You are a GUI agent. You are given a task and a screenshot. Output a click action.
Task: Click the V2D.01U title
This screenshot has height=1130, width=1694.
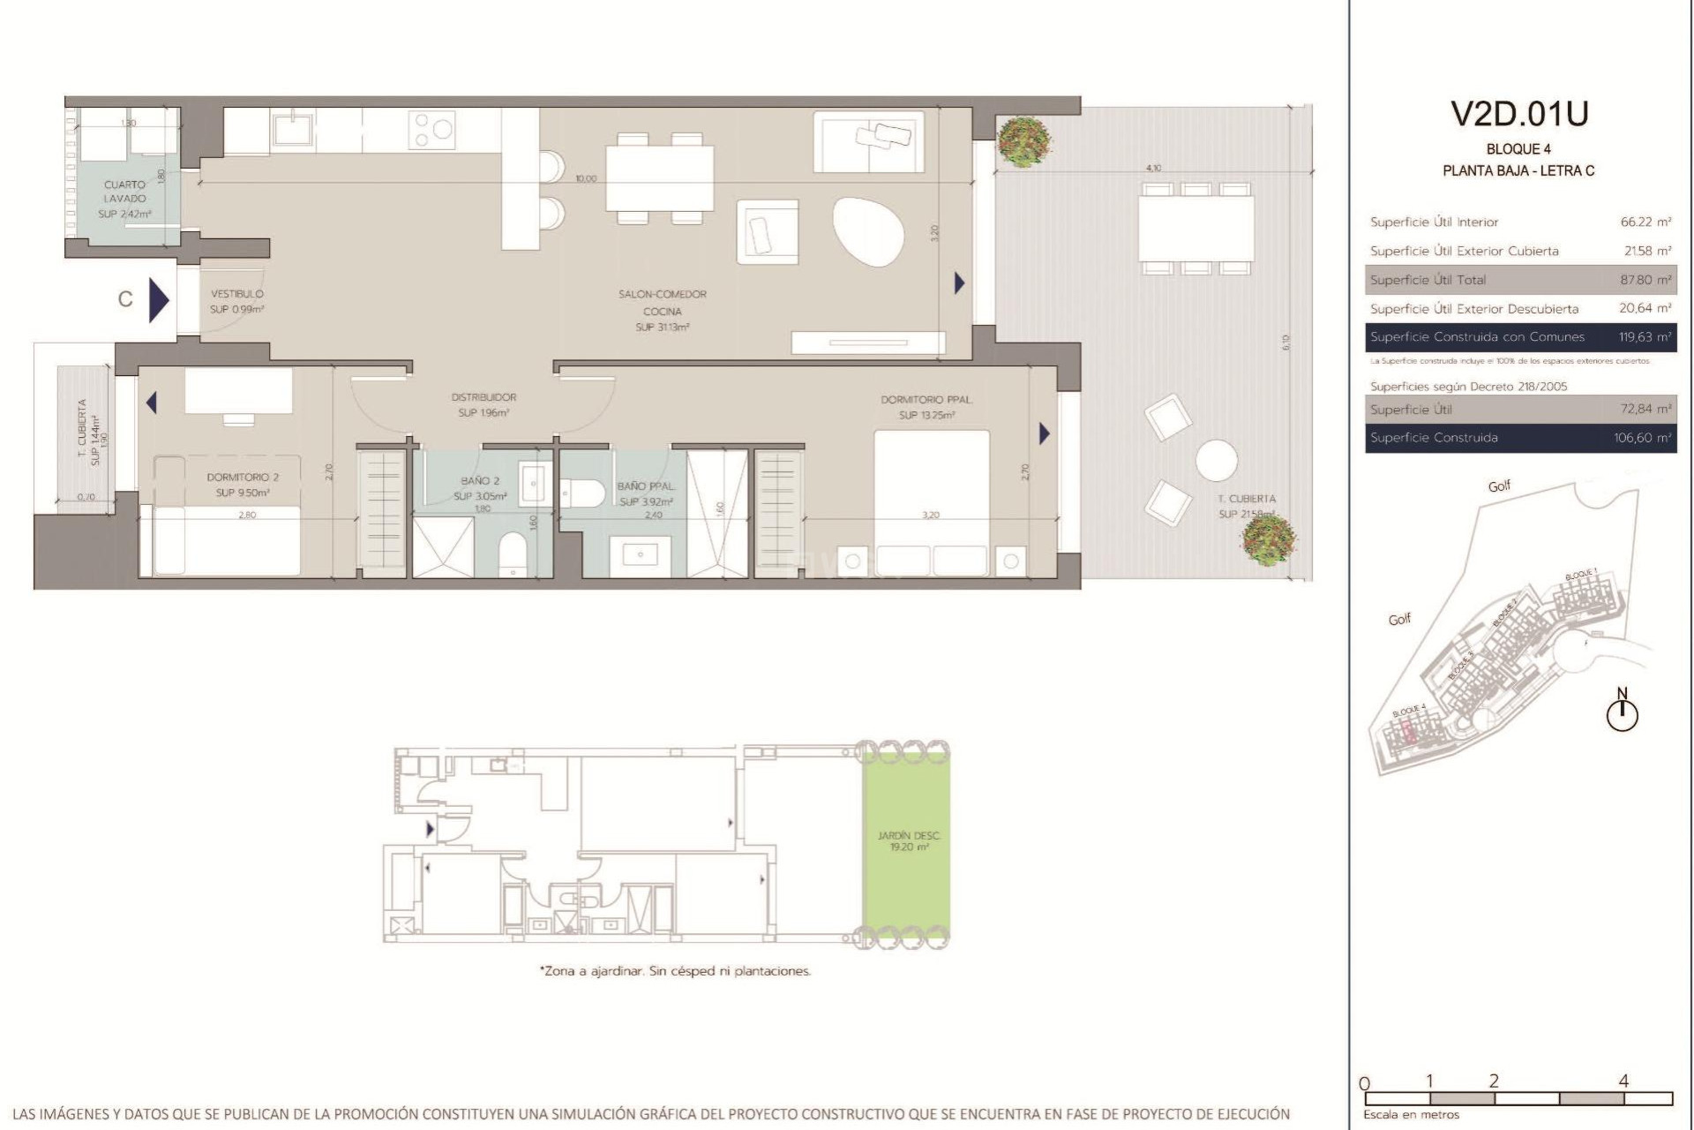click(x=1519, y=115)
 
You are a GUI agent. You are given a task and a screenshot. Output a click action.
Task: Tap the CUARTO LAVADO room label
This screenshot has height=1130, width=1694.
click(x=124, y=192)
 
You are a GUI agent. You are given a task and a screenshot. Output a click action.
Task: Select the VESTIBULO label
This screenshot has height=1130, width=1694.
click(x=236, y=294)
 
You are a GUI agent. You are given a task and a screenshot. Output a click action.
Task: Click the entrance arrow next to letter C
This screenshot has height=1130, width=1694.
click(x=158, y=299)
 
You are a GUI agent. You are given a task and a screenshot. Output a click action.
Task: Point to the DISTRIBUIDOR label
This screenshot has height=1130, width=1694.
click(x=483, y=397)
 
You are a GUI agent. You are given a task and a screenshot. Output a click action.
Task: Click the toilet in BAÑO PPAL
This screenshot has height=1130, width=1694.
click(x=581, y=492)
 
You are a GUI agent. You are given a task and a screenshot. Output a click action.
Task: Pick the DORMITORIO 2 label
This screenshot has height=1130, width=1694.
click(x=243, y=477)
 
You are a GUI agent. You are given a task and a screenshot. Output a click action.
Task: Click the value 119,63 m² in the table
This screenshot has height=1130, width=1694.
click(x=1645, y=337)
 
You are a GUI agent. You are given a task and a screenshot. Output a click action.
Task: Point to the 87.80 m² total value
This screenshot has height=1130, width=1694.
click(x=1645, y=280)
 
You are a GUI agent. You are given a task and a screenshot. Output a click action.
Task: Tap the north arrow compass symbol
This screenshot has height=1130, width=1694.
click(x=1622, y=712)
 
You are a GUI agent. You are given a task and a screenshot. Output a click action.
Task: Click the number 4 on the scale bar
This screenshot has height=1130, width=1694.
click(x=1623, y=1081)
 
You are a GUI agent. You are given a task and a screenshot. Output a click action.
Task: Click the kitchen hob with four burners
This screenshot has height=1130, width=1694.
click(x=431, y=130)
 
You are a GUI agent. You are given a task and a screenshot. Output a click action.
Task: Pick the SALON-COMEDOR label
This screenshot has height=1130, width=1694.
click(x=662, y=294)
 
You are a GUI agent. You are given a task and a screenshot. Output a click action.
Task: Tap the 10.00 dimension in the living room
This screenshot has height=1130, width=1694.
click(x=586, y=178)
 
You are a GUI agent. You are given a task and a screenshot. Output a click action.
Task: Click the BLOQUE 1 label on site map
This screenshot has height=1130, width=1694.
click(x=1581, y=575)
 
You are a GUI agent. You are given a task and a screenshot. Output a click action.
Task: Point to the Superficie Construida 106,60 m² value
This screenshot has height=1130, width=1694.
click(x=1645, y=438)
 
